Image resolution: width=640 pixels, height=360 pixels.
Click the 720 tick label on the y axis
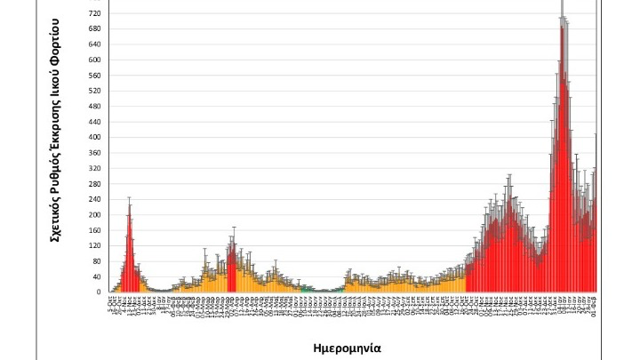click(95, 14)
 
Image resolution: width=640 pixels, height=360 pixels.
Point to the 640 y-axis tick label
click(95, 44)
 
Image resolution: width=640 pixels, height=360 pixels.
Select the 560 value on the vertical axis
click(95, 76)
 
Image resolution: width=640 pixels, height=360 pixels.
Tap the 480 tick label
click(95, 107)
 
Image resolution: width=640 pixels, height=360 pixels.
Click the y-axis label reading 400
click(95, 138)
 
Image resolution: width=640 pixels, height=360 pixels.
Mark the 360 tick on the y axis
click(95, 153)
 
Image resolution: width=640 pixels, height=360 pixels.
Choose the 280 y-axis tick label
click(95, 184)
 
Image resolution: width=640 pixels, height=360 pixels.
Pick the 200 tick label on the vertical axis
click(95, 215)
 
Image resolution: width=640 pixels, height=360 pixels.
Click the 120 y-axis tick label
click(95, 245)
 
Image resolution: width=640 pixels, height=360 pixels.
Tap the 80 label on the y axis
click(97, 261)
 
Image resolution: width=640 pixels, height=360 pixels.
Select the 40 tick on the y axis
click(97, 276)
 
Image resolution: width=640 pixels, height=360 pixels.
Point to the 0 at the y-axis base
click(99, 292)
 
